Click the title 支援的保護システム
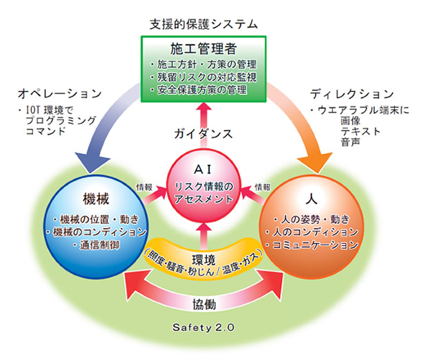[x=204, y=24]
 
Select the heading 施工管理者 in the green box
[x=204, y=49]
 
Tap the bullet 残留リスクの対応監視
[x=204, y=78]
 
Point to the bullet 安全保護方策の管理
[x=199, y=90]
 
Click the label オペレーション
[x=60, y=93]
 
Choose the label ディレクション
[x=352, y=94]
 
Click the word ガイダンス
[x=204, y=134]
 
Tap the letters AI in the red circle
[x=203, y=170]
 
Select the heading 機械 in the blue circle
[x=96, y=199]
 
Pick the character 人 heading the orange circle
[x=312, y=199]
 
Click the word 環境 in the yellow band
[x=204, y=260]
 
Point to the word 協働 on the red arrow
[x=204, y=304]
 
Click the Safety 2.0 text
[x=204, y=328]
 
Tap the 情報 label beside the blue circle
[x=144, y=187]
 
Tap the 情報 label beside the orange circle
[x=263, y=187]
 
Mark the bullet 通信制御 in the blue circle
[x=96, y=245]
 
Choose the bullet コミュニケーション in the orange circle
[x=312, y=245]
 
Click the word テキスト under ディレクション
[x=361, y=131]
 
